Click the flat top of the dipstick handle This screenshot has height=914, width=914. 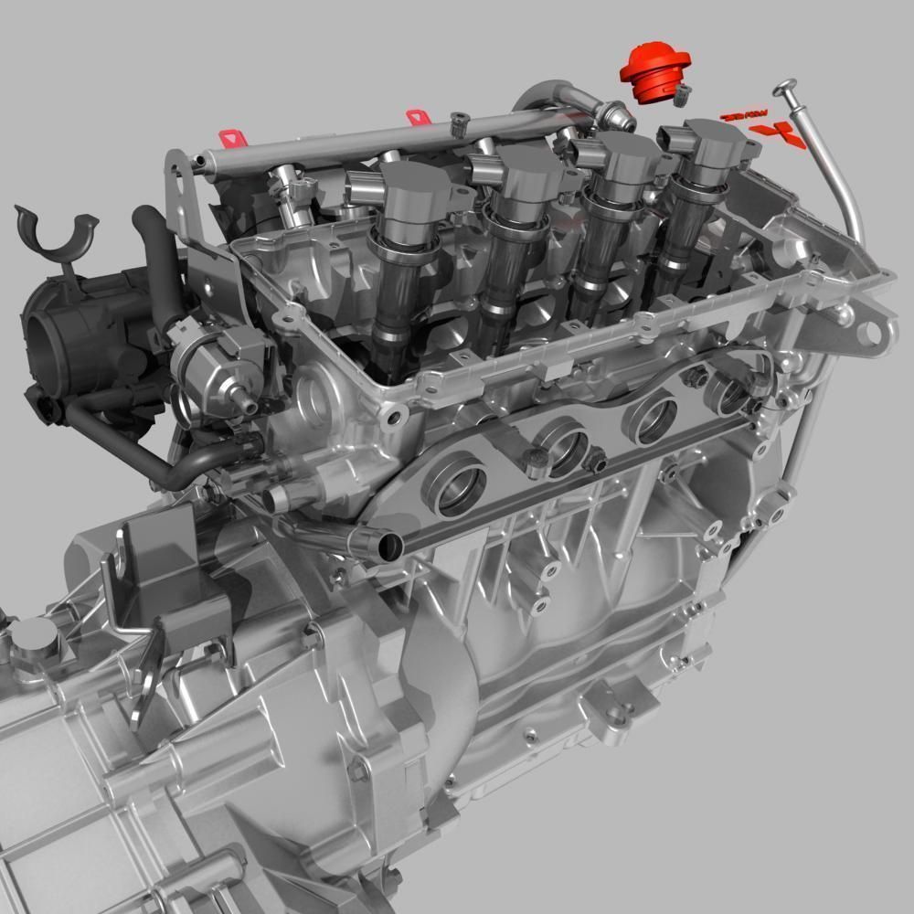click(785, 89)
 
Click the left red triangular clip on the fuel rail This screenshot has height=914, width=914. click(232, 137)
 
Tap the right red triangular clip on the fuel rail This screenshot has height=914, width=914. click(417, 117)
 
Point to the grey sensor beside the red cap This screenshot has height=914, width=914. click(683, 92)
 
